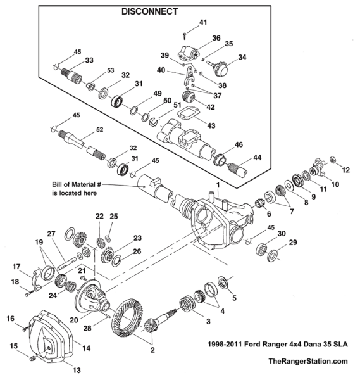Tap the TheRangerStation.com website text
pos(308,361)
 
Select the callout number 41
pos(203,23)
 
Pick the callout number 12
pos(346,170)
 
